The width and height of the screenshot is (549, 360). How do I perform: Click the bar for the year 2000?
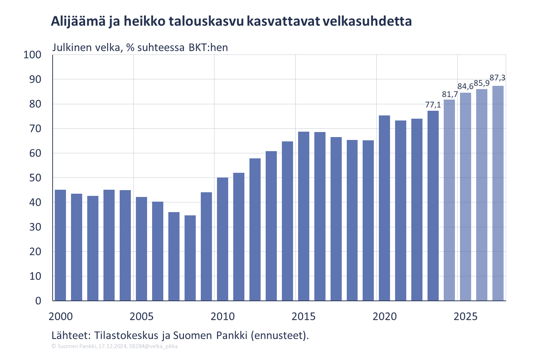[60, 245]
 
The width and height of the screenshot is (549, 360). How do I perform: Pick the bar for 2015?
[304, 216]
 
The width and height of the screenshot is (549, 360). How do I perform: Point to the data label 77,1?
[433, 105]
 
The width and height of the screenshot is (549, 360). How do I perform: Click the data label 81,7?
[450, 95]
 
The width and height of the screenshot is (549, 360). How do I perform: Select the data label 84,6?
[465, 87]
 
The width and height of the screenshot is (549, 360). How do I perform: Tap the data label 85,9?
[481, 83]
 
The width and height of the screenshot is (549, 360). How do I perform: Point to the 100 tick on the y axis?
[32, 55]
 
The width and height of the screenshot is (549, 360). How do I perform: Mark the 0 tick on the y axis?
[38, 301]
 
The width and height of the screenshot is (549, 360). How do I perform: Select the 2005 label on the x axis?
[141, 317]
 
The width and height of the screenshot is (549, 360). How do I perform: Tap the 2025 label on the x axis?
[465, 317]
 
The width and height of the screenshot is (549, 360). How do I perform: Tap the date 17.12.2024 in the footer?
[112, 346]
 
